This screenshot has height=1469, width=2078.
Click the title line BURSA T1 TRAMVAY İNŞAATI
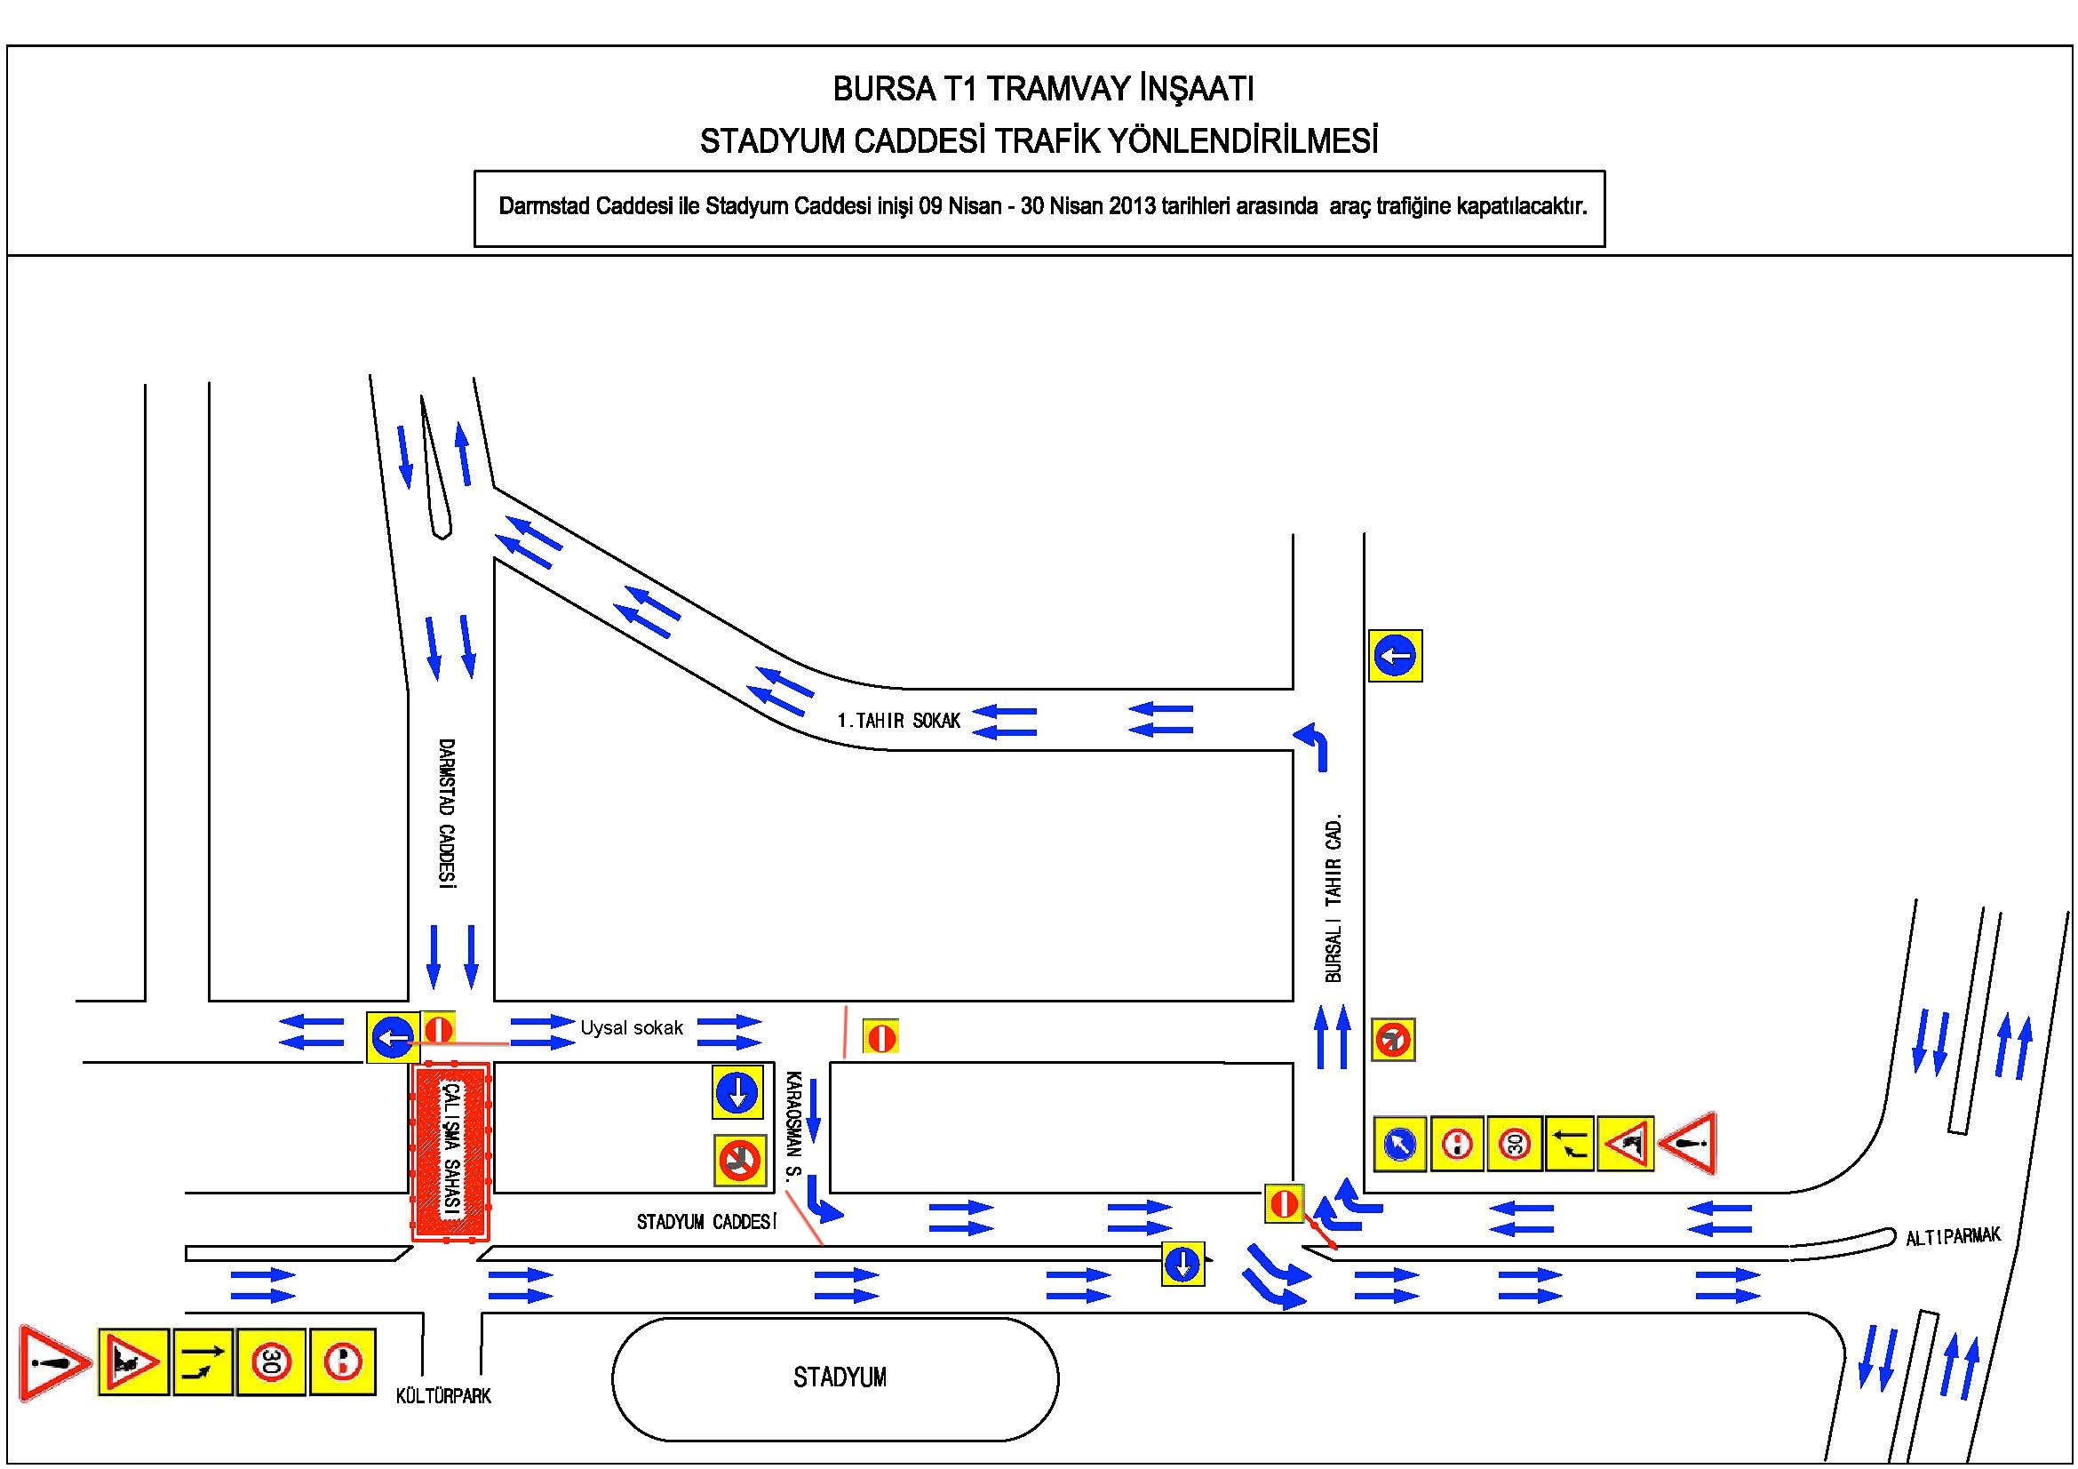[1043, 89]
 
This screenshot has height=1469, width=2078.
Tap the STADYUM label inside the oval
[839, 1377]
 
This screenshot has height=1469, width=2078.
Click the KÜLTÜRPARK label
[443, 1397]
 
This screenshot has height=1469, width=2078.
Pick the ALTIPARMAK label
[1953, 1236]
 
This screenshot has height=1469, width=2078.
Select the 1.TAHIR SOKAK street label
[899, 721]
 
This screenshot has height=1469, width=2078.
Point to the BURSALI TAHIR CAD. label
[1334, 898]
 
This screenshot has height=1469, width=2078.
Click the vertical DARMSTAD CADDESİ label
[446, 814]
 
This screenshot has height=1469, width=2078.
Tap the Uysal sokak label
[632, 1028]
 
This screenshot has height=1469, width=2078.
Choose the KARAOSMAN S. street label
[793, 1127]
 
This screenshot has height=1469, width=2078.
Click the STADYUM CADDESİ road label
[706, 1222]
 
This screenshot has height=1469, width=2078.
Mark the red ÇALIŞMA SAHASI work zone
[450, 1152]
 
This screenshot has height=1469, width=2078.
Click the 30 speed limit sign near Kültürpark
[270, 1361]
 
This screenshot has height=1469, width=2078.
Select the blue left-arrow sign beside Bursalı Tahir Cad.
[1395, 655]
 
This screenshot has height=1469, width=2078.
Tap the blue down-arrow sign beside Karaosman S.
[736, 1092]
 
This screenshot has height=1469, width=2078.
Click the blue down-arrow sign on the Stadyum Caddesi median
[1182, 1264]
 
